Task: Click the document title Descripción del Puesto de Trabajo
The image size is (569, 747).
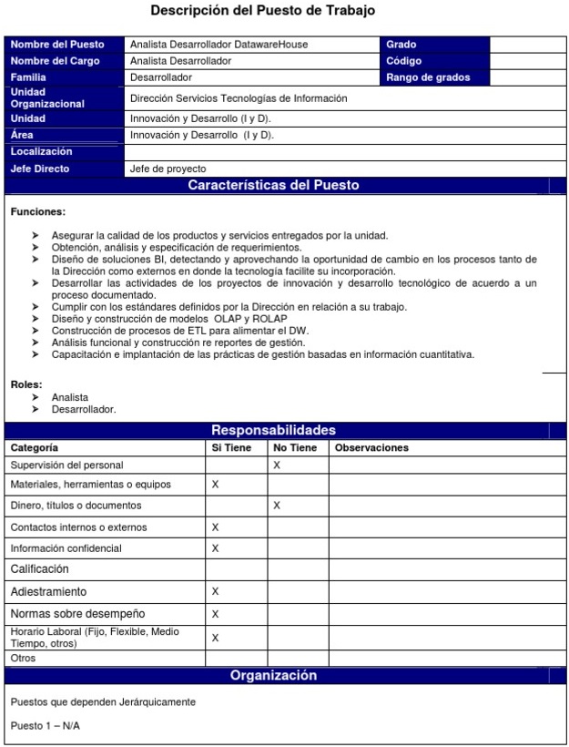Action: (x=262, y=11)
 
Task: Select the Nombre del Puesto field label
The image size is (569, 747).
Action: (x=56, y=45)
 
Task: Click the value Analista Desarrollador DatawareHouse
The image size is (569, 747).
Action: (x=218, y=45)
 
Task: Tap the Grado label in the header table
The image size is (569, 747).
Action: (x=401, y=45)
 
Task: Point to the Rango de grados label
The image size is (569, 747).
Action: (x=428, y=77)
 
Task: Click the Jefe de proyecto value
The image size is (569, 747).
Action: (x=168, y=169)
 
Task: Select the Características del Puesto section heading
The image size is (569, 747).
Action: (x=273, y=186)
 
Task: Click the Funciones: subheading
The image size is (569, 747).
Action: (x=37, y=211)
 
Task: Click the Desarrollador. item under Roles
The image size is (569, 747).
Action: (x=84, y=409)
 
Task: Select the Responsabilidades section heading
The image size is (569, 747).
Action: (x=273, y=430)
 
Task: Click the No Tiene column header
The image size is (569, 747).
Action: (x=295, y=448)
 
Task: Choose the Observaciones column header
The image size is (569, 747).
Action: (x=371, y=448)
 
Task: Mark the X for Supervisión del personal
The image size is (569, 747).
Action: (x=277, y=466)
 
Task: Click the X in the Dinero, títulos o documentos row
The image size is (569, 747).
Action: (x=277, y=505)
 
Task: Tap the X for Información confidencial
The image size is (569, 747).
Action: (x=216, y=548)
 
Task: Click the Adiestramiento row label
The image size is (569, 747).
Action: (x=48, y=592)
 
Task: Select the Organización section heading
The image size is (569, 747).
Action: (x=273, y=676)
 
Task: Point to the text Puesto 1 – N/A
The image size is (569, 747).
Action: (x=45, y=726)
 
